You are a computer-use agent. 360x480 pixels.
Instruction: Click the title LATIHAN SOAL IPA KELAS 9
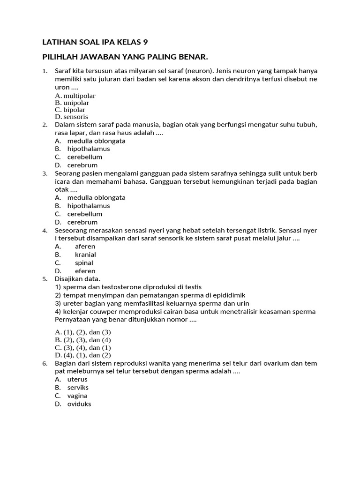pos(95,42)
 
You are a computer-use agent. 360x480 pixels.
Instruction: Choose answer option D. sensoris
pos(71,117)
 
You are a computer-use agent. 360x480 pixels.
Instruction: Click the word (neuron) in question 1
pos(198,71)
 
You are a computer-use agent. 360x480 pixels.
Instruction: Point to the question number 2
pos(45,125)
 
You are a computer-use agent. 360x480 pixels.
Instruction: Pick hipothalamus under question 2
pos(89,149)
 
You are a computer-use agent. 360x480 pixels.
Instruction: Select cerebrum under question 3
pos(82,222)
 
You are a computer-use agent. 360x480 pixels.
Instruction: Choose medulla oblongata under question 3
pos(96,197)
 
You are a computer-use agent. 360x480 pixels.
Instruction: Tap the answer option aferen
pos(85,246)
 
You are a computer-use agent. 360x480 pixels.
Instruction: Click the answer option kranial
pos(85,255)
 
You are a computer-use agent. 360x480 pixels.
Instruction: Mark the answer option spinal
pos(84,263)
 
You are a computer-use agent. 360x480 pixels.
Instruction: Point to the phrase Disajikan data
pos(77,279)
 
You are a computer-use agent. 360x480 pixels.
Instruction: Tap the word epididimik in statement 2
pos(229,295)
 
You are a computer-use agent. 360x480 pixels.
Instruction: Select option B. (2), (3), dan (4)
pos(82,340)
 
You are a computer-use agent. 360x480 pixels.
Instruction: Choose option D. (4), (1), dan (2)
pos(82,355)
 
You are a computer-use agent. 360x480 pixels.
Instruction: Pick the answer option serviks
pos(78,388)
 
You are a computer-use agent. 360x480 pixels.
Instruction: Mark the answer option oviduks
pos(79,404)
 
